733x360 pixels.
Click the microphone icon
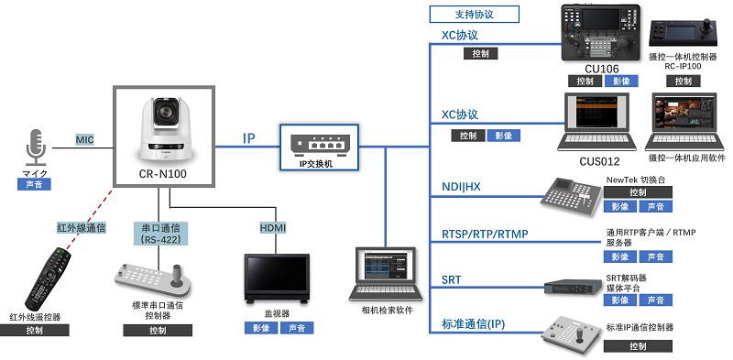click(36, 147)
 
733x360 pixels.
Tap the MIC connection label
click(84, 139)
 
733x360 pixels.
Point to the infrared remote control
click(49, 279)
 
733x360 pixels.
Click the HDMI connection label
click(272, 228)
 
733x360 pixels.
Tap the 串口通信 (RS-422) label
click(160, 234)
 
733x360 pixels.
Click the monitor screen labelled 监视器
click(277, 278)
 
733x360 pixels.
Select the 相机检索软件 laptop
click(385, 274)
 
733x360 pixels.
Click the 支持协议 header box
click(474, 14)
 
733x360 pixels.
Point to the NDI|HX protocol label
click(461, 187)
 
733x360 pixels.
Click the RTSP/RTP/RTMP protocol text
click(485, 234)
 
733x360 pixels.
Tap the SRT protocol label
click(451, 280)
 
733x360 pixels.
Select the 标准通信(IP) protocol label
click(473, 324)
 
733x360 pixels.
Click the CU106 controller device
click(601, 32)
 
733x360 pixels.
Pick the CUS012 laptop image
click(596, 122)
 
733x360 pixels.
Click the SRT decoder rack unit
click(573, 286)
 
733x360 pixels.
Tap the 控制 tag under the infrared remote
click(34, 330)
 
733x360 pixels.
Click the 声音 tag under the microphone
click(34, 184)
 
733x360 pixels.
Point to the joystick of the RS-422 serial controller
click(177, 276)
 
